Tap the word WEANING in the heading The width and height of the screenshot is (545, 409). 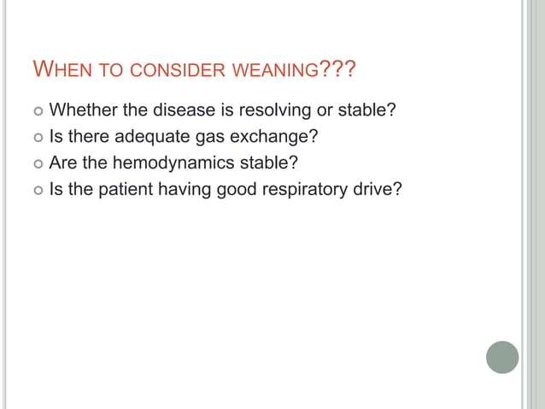(273, 68)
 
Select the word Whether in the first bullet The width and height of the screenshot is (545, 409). (85, 110)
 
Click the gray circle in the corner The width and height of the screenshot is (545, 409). (502, 357)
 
